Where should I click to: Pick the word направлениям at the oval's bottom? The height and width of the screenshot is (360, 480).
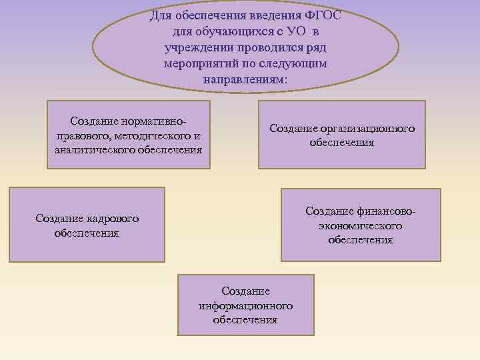244,80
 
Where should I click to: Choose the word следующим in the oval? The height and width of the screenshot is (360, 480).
297,64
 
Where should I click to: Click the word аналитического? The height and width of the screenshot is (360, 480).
93,150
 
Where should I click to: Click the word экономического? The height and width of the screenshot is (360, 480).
361,226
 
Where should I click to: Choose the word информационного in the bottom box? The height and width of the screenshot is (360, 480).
245,306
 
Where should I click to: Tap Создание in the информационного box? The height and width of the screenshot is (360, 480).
245,291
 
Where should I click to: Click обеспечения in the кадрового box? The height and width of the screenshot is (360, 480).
87,233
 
